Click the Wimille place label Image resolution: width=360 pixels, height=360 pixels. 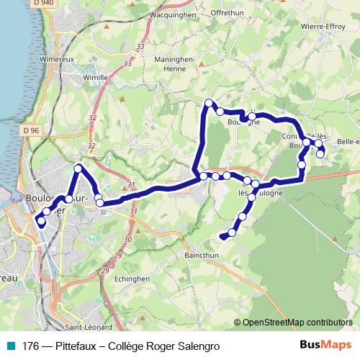pyautogui.click(x=95, y=76)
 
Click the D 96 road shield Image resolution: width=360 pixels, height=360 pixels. pyautogui.click(x=30, y=130)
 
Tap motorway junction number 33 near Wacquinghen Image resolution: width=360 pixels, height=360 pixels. pyautogui.click(x=139, y=46)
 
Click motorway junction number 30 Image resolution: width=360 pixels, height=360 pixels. pyautogui.click(x=127, y=239)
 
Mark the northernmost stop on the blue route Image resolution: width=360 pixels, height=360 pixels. pyautogui.click(x=209, y=103)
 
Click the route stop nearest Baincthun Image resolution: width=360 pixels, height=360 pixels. pyautogui.click(x=231, y=233)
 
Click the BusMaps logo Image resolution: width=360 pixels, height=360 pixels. pyautogui.click(x=325, y=346)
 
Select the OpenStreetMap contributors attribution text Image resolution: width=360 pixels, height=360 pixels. pyautogui.click(x=297, y=323)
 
